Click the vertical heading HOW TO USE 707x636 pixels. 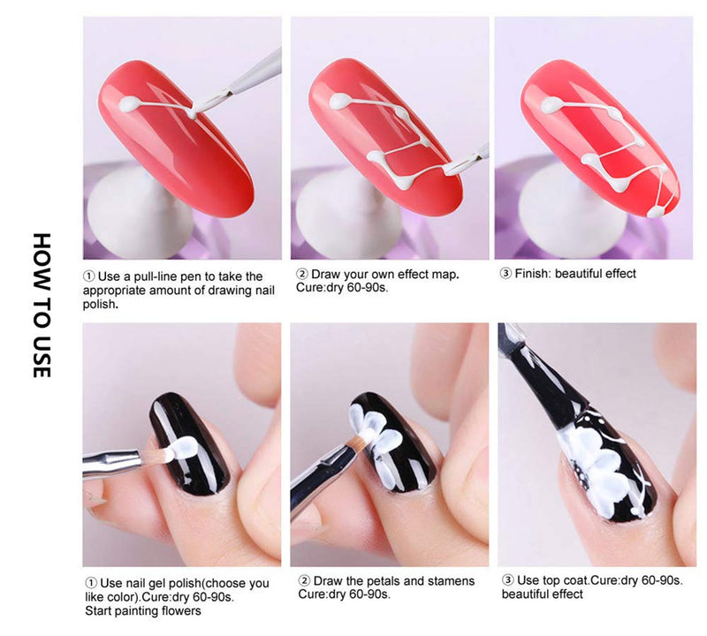coord(42,305)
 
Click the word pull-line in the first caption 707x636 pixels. coord(159,276)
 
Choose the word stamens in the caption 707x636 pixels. coord(452,581)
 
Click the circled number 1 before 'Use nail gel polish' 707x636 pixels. coord(91,583)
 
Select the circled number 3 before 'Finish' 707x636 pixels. coord(506,274)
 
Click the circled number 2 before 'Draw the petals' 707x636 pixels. coord(304,581)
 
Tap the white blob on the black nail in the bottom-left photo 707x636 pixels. coord(181,448)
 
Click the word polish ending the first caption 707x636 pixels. coord(100,305)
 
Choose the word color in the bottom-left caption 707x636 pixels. coord(120,597)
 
